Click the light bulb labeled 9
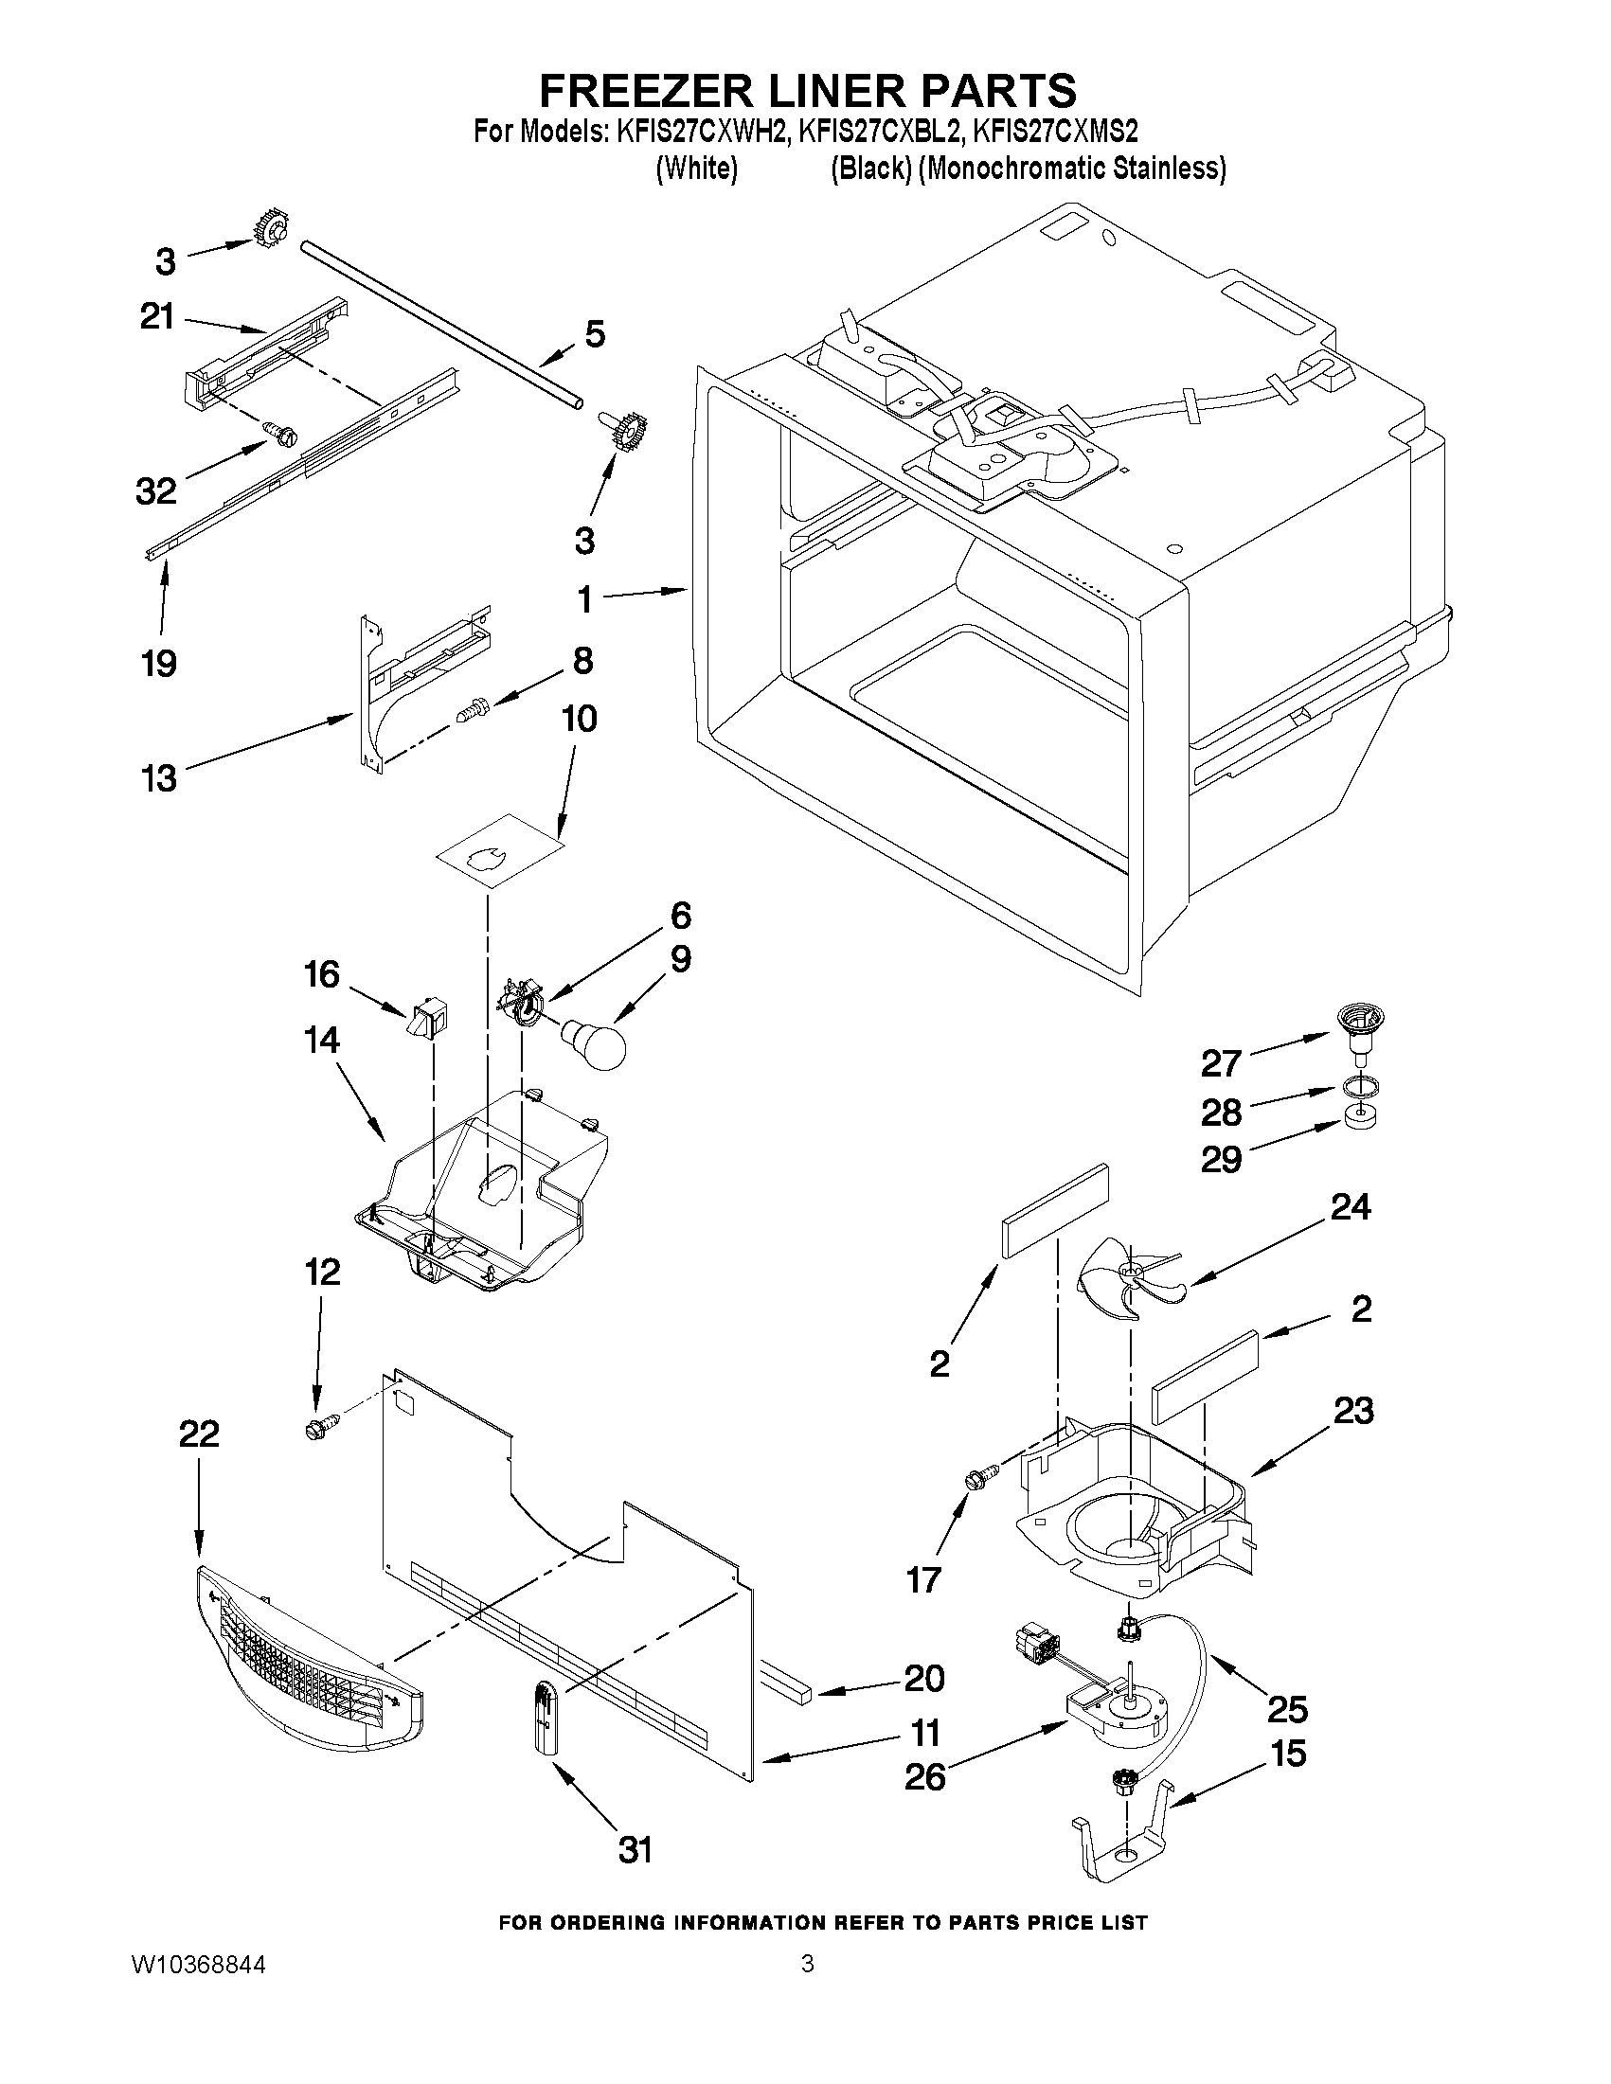594,1043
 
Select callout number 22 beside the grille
200,1460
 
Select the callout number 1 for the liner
584,599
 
